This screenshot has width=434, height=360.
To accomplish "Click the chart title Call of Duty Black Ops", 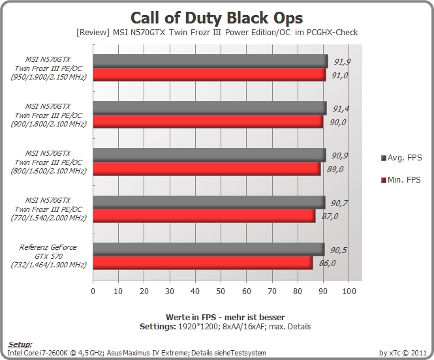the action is coord(217,18).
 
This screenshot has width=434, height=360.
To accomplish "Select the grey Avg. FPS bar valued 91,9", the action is coord(210,61).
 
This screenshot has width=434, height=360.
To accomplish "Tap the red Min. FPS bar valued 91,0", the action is coord(209,74).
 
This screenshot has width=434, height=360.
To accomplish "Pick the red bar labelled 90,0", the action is coord(208,122).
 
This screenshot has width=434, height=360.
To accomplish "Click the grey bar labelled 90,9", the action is coord(209,155).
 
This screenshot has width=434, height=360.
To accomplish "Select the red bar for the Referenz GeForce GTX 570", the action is coord(203,263).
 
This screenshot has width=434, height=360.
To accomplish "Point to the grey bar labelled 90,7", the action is coord(209,202).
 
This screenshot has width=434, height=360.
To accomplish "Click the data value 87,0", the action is coord(330,216).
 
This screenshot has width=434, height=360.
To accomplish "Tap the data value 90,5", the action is coord(338,250).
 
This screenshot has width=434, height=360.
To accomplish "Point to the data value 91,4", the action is coord(341,109).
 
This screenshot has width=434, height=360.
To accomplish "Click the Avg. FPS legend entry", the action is coord(401,158).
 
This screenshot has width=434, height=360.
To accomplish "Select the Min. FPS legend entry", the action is coord(401,180).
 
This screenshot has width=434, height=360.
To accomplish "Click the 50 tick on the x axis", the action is coord(221,291).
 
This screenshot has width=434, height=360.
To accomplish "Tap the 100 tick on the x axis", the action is coord(349,291).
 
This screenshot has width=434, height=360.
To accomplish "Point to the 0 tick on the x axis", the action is coord(93,291).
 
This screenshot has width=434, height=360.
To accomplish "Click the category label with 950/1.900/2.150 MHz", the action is coord(48,68).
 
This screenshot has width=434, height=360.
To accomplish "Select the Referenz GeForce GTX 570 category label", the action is coord(48,256).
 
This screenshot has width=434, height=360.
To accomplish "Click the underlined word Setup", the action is coord(20,344).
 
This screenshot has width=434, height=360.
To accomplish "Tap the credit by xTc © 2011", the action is coord(403,353).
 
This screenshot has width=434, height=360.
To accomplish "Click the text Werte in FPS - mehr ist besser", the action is coord(225,317).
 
